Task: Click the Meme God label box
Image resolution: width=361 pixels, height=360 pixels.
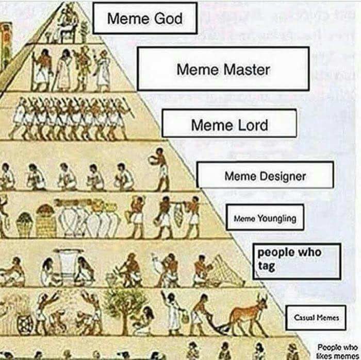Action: [x=145, y=18]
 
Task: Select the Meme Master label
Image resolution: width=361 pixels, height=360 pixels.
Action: [x=223, y=68]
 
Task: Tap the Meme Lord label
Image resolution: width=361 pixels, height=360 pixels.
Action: [x=229, y=124]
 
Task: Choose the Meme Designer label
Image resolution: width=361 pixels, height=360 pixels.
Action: [x=265, y=175]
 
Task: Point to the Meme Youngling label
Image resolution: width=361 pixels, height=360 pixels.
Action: [x=265, y=217]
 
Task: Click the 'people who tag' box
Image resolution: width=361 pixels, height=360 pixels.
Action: [x=297, y=261]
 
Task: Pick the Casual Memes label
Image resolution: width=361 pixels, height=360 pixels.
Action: [x=316, y=317]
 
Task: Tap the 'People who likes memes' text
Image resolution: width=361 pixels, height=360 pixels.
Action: [x=337, y=351]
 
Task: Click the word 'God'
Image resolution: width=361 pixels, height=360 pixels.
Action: [x=168, y=19]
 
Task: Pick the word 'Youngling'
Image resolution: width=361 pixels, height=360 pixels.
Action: [x=277, y=218]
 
